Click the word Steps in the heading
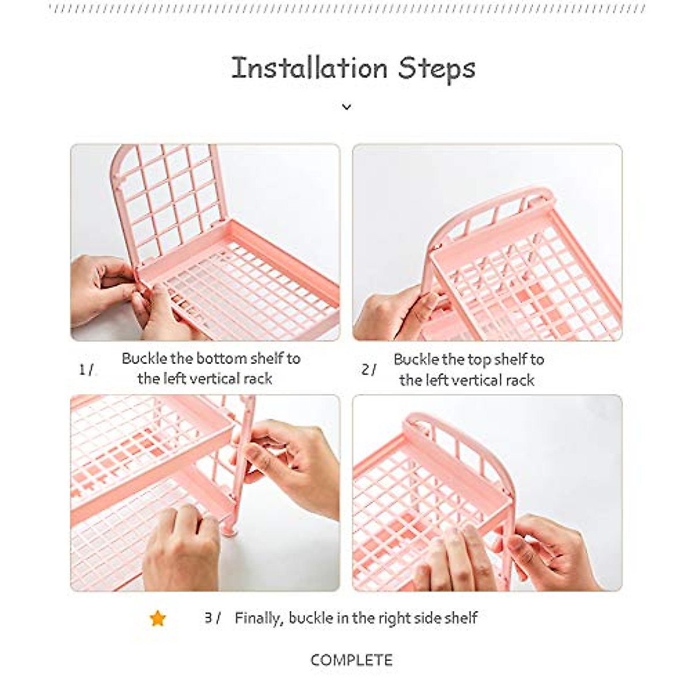click(437, 69)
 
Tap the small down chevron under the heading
click(346, 107)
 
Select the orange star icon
click(157, 618)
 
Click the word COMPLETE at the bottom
click(351, 660)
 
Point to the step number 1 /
click(86, 370)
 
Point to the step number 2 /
click(369, 370)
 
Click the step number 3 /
click(212, 618)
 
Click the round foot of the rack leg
click(232, 529)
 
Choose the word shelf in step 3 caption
click(461, 618)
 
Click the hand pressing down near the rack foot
click(179, 547)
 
